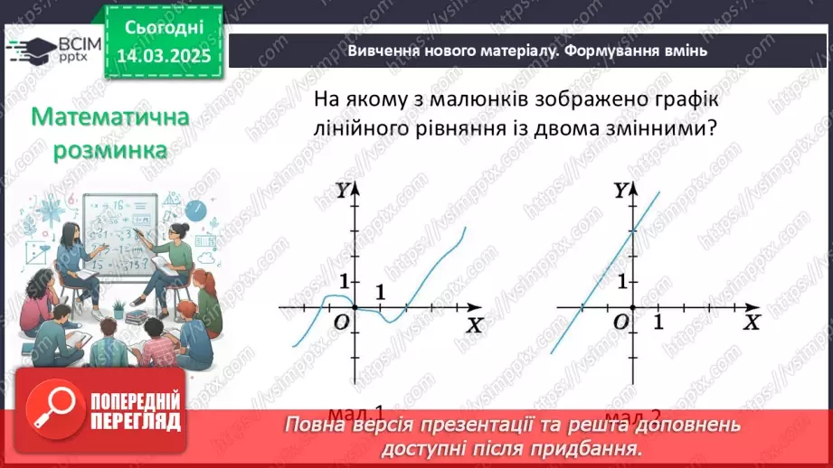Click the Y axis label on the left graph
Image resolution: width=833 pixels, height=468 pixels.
[343, 190]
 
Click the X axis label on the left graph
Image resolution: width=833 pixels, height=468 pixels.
[474, 323]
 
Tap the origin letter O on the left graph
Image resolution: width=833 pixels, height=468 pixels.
[341, 323]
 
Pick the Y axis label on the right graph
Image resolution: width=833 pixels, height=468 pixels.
[620, 190]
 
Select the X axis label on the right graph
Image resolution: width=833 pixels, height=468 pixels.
[752, 323]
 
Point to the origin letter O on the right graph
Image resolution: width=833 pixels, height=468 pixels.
[620, 323]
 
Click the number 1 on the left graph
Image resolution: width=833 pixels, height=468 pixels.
[380, 293]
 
